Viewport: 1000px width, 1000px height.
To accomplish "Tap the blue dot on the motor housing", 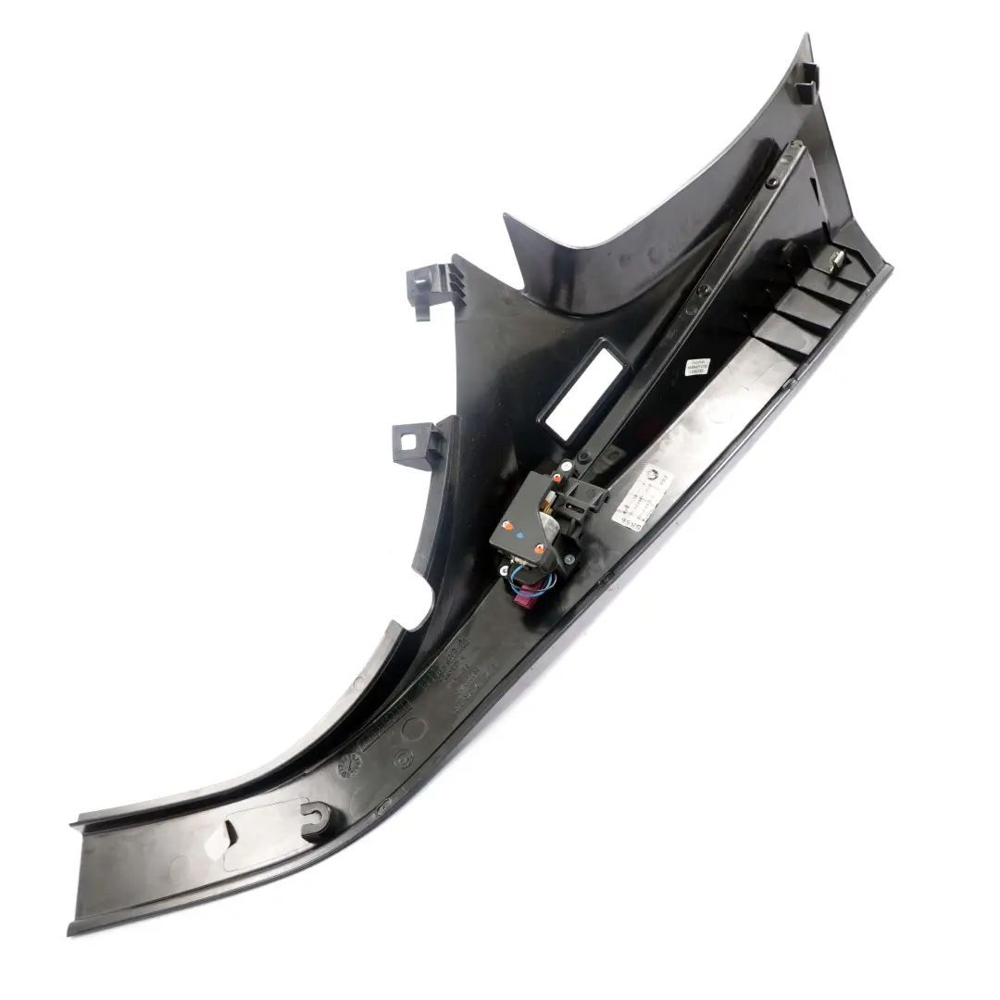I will click(x=519, y=535).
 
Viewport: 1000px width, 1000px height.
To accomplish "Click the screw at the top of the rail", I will click(x=789, y=156).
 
